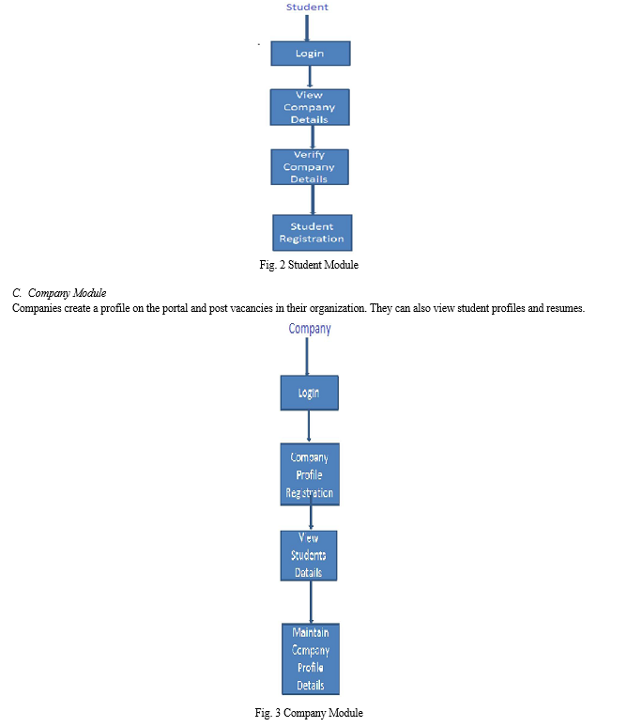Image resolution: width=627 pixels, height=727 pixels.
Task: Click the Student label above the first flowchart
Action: point(307,7)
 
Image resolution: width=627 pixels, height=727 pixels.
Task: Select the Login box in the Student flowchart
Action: point(311,54)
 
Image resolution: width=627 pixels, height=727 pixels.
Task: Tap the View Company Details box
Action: point(310,107)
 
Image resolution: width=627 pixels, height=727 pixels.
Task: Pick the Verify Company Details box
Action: point(310,167)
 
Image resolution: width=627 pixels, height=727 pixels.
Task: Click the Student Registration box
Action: point(312,233)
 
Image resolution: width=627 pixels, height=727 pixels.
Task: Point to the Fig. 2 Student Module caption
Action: point(309,265)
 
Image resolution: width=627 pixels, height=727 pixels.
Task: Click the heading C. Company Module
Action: point(59,293)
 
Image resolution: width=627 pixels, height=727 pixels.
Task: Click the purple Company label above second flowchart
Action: point(310,329)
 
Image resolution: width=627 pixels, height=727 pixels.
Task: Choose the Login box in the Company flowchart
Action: point(309,393)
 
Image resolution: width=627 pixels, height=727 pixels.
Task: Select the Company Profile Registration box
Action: point(310,474)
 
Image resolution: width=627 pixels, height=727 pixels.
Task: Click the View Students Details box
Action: point(309,555)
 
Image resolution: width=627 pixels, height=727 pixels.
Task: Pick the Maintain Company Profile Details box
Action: point(311,658)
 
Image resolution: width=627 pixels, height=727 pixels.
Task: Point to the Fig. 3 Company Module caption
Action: point(309,713)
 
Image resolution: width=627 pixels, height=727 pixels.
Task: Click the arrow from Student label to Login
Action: point(307,28)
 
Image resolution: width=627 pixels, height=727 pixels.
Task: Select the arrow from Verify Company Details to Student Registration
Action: point(313,200)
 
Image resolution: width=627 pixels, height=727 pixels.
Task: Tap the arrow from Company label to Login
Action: point(307,357)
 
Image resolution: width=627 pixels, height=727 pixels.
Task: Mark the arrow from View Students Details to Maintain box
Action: point(311,602)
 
